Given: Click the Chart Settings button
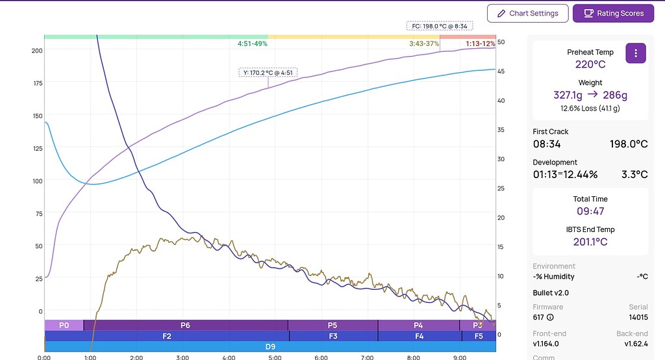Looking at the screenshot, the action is [527, 13].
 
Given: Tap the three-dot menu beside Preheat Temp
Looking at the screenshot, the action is [636, 53].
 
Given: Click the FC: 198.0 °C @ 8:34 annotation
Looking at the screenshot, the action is [440, 27].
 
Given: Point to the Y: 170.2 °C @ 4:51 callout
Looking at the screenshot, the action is [268, 73].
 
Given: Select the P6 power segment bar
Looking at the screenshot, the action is [186, 325].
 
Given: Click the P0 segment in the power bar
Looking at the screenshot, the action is [64, 325].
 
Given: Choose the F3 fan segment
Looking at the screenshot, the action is [333, 336].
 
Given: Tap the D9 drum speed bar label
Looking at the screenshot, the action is [270, 347].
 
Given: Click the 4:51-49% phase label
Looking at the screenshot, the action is [253, 44].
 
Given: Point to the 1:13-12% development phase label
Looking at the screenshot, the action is [480, 44].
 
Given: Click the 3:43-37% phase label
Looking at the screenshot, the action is [424, 44].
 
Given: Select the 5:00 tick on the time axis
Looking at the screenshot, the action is [275, 357].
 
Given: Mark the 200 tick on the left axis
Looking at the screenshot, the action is [37, 51].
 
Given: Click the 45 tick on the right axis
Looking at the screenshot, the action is [501, 71].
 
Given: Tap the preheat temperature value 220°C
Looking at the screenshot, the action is [590, 64].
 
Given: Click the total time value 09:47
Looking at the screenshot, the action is [590, 211].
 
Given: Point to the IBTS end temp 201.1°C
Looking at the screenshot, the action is [590, 242].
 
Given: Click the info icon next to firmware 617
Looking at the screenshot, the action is [550, 317].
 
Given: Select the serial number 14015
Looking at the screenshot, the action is [638, 317].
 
